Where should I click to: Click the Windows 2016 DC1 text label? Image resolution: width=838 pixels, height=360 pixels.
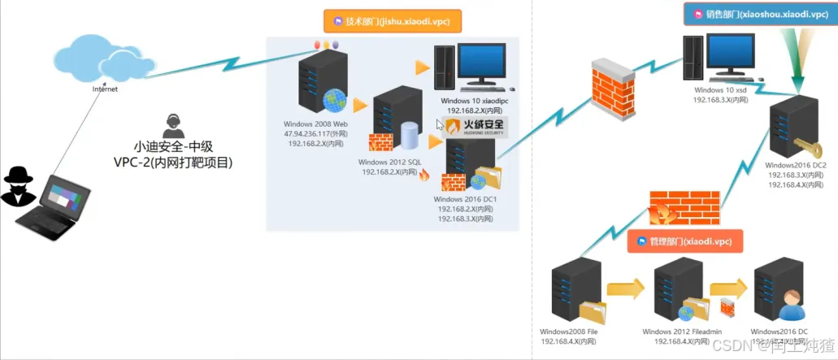point(465,198)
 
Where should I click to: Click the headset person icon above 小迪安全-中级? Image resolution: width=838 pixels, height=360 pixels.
point(172,126)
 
